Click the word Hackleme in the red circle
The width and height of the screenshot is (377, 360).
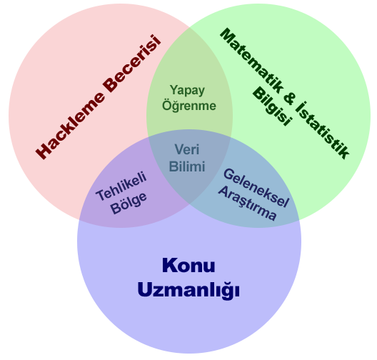tap(70, 125)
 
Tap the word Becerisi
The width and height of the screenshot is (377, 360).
tap(132, 64)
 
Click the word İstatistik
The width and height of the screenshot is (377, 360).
tap(322, 130)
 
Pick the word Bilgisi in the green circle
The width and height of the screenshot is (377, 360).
tap(272, 106)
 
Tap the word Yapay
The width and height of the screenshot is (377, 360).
tap(187, 91)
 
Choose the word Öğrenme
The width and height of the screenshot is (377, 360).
tap(189, 105)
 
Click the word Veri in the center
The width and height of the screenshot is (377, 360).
tap(187, 149)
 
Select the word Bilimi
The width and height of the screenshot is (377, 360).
tap(187, 166)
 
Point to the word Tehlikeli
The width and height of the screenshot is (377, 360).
tap(121, 186)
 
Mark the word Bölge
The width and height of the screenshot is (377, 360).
tap(129, 203)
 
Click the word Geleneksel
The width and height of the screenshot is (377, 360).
tap(256, 188)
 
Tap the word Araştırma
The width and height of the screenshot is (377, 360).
tap(247, 204)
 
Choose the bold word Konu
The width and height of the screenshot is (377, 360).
tap(188, 265)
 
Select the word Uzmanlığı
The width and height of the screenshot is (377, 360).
tap(188, 290)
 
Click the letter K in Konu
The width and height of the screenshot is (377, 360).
tap(169, 265)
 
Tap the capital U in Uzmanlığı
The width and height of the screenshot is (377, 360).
tap(144, 289)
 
